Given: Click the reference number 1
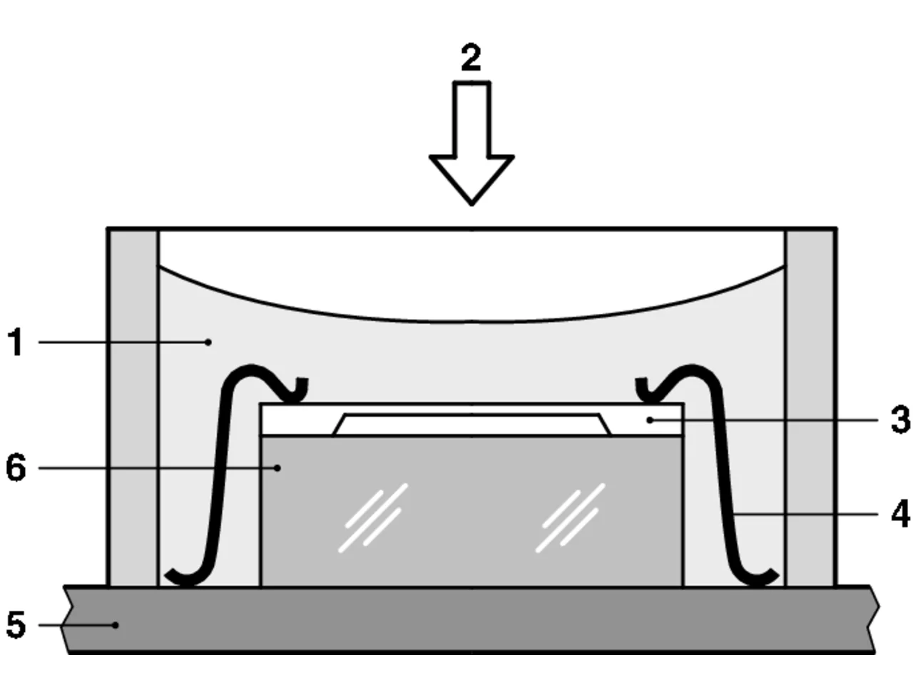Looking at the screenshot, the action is pyautogui.click(x=16, y=342).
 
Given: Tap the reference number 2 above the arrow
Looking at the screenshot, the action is pyautogui.click(x=471, y=57).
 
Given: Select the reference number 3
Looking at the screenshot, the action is pyautogui.click(x=900, y=420).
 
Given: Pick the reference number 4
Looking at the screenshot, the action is pyautogui.click(x=900, y=514).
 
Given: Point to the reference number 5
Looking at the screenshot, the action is pyautogui.click(x=16, y=624).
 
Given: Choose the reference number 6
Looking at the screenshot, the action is pyautogui.click(x=16, y=468).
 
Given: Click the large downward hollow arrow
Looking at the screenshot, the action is pyautogui.click(x=471, y=143).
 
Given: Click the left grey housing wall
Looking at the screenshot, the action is pyautogui.click(x=133, y=407).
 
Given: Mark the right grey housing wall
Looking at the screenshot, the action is pyautogui.click(x=810, y=407).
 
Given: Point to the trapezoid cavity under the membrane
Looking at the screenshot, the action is pyautogui.click(x=471, y=425).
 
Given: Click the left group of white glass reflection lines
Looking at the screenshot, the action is pyautogui.click(x=373, y=518).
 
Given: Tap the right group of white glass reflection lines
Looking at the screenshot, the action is pyautogui.click(x=570, y=518).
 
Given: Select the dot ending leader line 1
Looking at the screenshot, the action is pyautogui.click(x=208, y=342).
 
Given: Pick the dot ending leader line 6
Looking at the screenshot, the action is pyautogui.click(x=277, y=468).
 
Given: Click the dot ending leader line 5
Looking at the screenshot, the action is pyautogui.click(x=116, y=624).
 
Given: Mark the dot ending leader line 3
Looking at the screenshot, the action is pyautogui.click(x=650, y=420).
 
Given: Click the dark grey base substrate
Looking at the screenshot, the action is pyautogui.click(x=470, y=619).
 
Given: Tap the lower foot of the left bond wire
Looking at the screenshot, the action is pyautogui.click(x=185, y=577).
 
